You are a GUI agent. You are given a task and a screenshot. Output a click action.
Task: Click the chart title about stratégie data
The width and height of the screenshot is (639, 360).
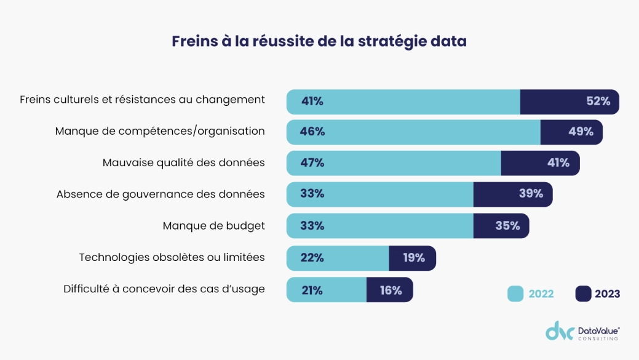(319, 41)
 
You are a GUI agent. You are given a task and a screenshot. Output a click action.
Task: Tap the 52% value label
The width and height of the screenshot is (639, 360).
(598, 102)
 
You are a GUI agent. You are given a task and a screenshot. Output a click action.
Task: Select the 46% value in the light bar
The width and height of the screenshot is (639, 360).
(312, 132)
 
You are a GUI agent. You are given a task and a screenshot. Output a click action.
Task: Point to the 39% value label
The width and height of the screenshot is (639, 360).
(531, 194)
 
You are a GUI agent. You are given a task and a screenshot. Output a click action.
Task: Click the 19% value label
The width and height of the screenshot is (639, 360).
(414, 258)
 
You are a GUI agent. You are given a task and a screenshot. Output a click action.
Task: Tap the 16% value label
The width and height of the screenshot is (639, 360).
(391, 290)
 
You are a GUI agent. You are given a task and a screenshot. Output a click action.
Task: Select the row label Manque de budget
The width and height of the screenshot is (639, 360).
(213, 226)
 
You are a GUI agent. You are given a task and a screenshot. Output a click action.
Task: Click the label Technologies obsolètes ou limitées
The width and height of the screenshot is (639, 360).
(172, 257)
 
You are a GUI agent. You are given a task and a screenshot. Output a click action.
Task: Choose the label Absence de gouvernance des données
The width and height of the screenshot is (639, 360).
(161, 194)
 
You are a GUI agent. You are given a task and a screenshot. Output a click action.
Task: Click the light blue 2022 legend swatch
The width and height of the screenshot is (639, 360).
(515, 294)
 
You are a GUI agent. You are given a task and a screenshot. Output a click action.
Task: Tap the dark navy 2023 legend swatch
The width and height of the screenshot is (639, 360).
(583, 294)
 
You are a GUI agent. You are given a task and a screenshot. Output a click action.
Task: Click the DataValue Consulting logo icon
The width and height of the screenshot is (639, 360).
(560, 331)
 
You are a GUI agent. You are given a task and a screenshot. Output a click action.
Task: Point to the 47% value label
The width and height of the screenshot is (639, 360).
(312, 163)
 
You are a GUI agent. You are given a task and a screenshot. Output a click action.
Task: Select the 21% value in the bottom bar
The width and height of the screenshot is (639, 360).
(312, 290)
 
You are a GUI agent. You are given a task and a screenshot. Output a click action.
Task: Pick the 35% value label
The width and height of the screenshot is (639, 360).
(507, 226)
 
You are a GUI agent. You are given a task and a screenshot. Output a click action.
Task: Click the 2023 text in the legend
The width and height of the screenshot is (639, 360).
(607, 294)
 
